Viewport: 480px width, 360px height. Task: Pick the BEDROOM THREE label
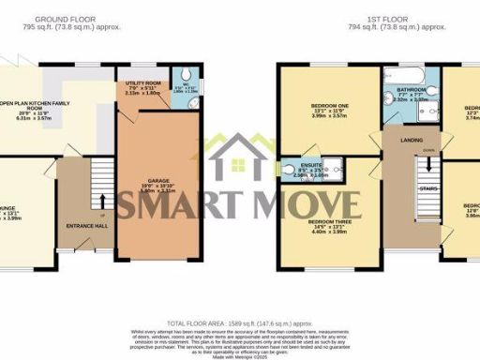329,224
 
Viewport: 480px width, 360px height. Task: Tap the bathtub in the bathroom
402,75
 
